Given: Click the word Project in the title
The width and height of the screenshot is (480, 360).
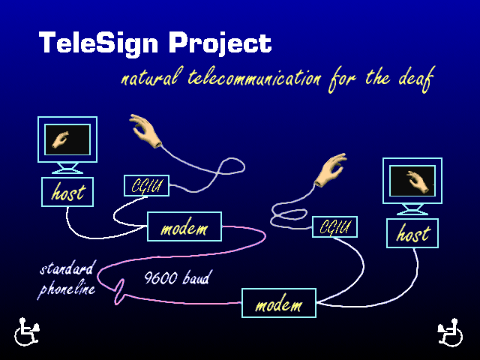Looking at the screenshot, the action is [220, 44].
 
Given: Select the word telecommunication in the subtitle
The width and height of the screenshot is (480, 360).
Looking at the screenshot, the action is [255, 78].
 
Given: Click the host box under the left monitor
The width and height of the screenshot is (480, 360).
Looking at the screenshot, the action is [67, 192].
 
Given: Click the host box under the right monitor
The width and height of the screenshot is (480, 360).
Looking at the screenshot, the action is [412, 233].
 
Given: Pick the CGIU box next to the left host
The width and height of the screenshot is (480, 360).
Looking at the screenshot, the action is [147, 185].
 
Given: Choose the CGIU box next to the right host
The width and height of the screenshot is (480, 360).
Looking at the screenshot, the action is [335, 226].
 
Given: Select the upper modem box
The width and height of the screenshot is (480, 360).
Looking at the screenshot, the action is [184, 226].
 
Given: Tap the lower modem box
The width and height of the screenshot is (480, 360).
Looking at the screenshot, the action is [279, 303].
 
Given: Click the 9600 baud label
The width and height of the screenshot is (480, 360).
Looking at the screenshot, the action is [177, 277].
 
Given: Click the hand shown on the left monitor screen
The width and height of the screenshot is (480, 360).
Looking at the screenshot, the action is [60, 140].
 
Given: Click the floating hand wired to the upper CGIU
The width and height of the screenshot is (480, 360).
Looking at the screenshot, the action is [145, 130].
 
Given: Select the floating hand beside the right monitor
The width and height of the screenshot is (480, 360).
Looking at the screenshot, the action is [331, 170].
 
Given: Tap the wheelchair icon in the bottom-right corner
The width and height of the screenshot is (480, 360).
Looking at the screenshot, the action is [450, 332].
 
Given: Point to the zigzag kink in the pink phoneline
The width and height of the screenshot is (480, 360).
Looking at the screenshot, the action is [120, 292].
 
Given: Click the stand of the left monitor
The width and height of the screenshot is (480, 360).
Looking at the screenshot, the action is [67, 168].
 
